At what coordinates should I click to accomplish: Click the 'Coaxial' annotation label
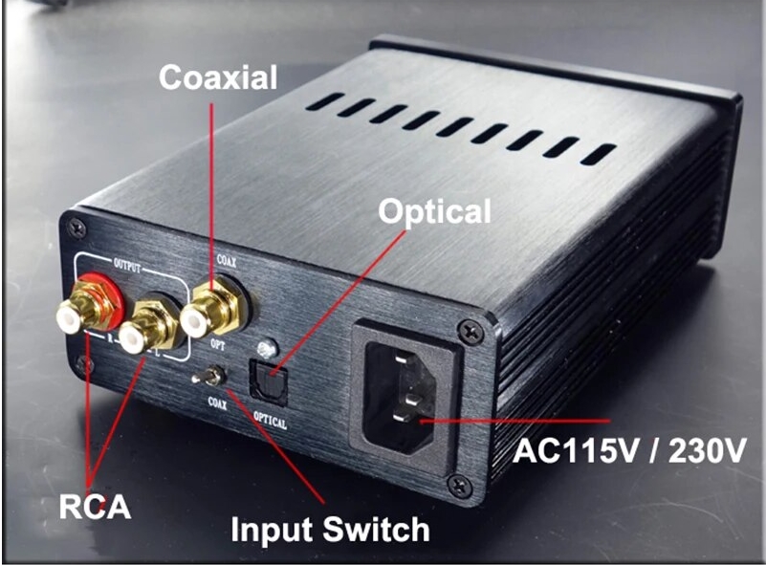(218, 77)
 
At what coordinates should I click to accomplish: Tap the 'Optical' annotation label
(434, 212)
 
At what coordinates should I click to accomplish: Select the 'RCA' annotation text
(95, 505)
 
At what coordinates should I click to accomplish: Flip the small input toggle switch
(210, 376)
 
